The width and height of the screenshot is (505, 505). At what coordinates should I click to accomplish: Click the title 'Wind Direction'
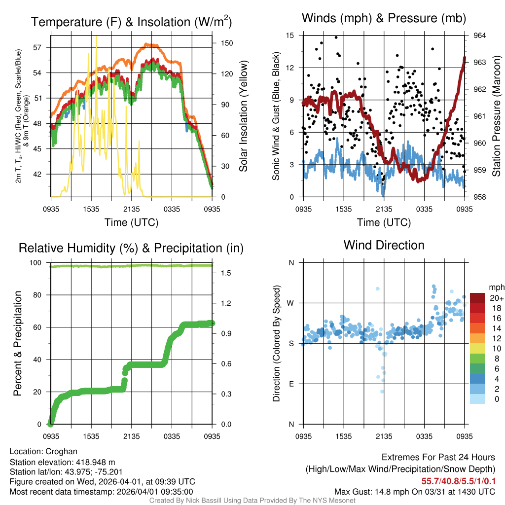pos(384,245)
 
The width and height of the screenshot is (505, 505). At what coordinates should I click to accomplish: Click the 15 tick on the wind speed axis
pos(290,36)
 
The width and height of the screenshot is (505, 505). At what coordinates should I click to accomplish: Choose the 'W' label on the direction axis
pos(291,303)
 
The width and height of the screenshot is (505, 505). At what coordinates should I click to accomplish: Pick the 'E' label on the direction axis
pos(291,384)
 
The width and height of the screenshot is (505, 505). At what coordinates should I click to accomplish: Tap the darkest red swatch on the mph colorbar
pos(477,298)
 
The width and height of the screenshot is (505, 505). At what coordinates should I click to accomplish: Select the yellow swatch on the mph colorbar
pos(477,349)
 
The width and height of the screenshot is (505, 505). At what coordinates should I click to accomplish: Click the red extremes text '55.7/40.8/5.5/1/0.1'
pos(459,481)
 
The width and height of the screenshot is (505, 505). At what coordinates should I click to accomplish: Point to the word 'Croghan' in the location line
pos(61,451)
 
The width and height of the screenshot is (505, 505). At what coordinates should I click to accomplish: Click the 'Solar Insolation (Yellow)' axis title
pos(243,116)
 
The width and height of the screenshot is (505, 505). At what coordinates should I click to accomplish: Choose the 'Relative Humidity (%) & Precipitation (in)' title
pos(131,248)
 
